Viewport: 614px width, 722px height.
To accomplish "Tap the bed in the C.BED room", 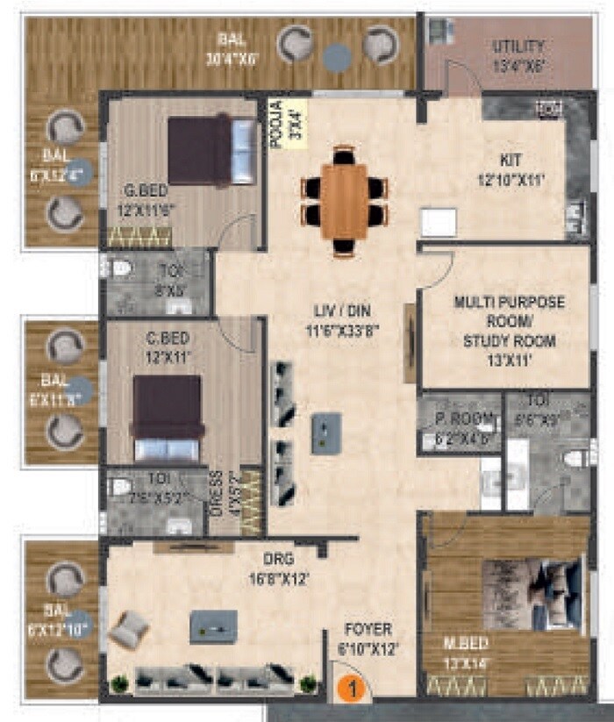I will (167, 418).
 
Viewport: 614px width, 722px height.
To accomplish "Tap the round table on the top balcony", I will (337, 58).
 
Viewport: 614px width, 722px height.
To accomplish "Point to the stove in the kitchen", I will (548, 109).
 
